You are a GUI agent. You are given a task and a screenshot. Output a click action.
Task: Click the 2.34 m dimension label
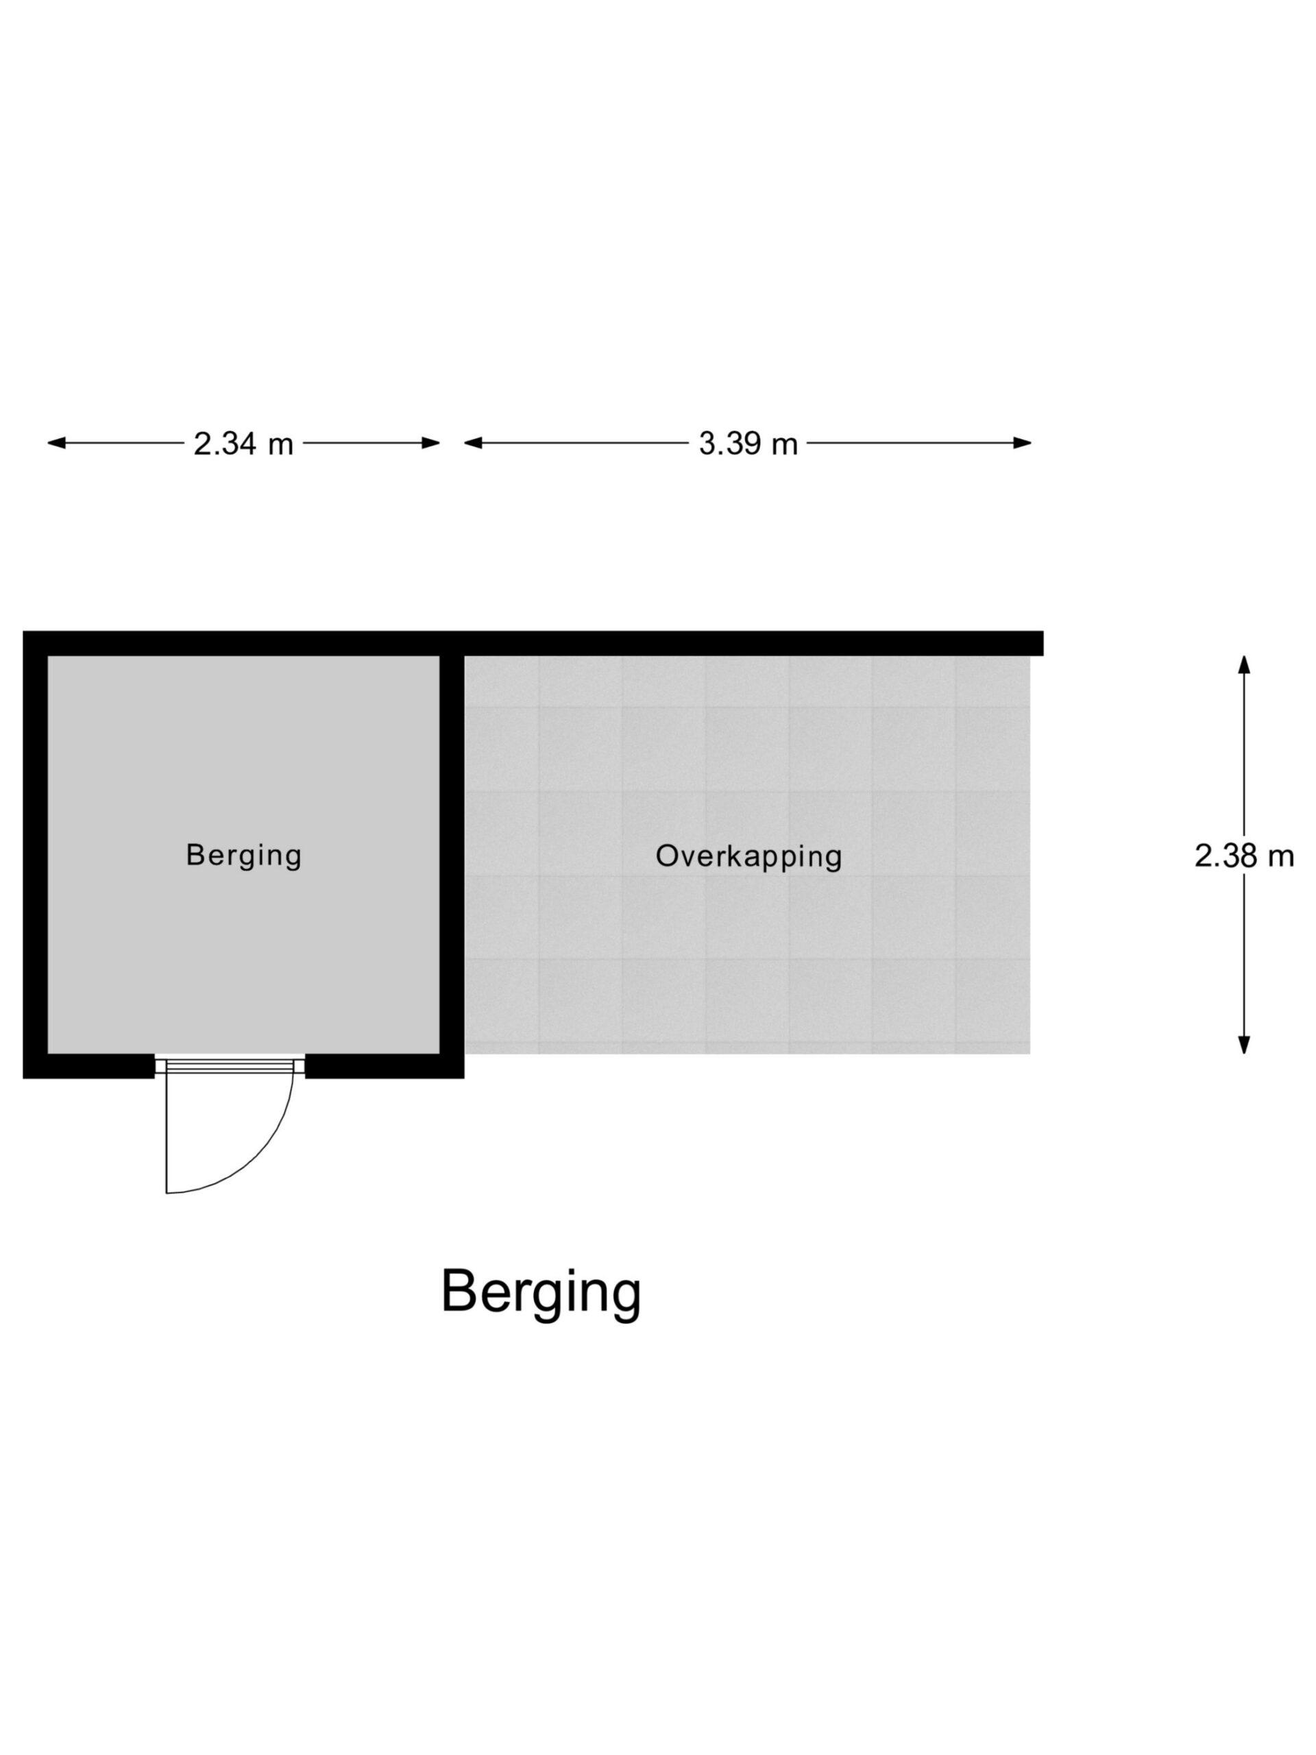click(x=243, y=444)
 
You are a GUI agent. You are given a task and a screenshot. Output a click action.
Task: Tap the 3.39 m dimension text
click(x=747, y=444)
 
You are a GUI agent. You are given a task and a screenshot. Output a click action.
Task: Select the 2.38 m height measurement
click(x=1244, y=856)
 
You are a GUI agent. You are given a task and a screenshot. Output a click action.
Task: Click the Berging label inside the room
click(x=243, y=856)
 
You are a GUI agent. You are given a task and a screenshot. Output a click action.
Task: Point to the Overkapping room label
click(x=748, y=857)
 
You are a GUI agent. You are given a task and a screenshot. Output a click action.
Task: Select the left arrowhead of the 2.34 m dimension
click(x=56, y=443)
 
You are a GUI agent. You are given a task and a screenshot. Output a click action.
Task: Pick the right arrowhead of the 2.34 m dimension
click(x=430, y=443)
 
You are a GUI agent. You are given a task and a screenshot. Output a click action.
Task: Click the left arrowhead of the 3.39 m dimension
click(x=473, y=443)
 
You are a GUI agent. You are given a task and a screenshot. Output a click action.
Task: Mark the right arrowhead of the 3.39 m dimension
click(x=1022, y=443)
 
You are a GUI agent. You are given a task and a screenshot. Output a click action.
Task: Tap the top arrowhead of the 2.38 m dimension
click(x=1244, y=664)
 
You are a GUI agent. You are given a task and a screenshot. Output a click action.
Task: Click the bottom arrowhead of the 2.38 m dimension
click(x=1244, y=1045)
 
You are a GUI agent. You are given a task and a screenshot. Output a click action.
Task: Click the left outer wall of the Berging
click(x=35, y=854)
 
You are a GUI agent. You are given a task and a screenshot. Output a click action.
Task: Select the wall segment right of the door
click(x=385, y=1066)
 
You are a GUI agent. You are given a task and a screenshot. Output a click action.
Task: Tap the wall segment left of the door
click(x=89, y=1066)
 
